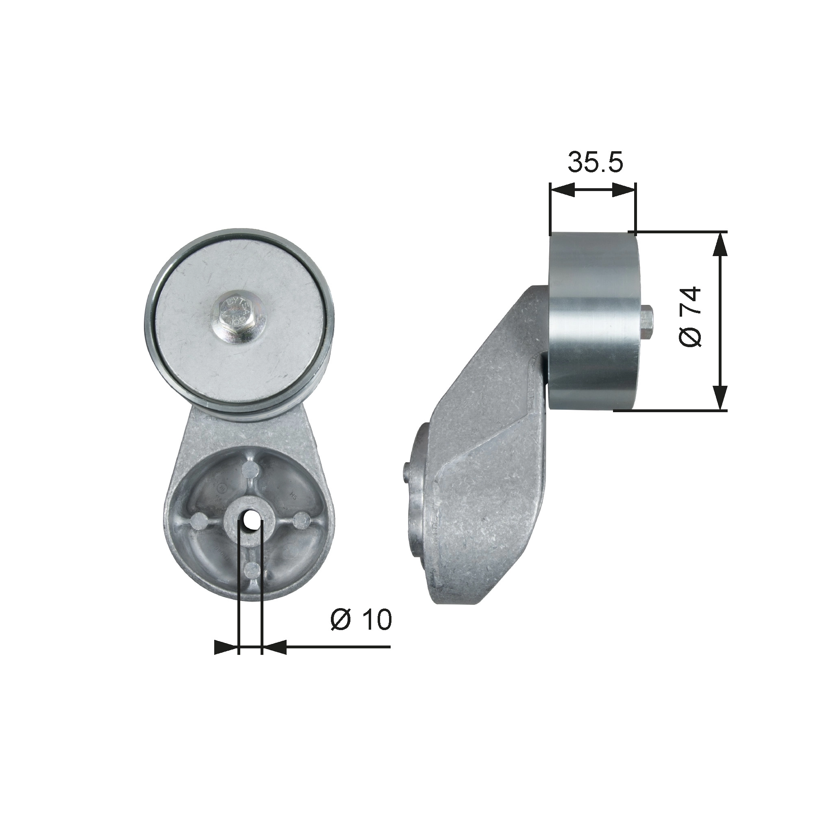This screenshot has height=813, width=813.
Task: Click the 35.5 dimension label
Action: tap(595, 162)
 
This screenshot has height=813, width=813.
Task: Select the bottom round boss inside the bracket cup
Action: tap(250, 571)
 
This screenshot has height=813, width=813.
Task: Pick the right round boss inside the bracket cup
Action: tap(301, 522)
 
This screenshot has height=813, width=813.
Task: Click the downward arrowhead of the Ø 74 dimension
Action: tap(720, 398)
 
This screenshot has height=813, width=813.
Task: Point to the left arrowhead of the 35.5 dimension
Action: tap(563, 190)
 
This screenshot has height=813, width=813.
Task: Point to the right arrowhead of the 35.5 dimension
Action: tap(623, 190)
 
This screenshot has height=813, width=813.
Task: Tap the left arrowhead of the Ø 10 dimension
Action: tap(225, 659)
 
